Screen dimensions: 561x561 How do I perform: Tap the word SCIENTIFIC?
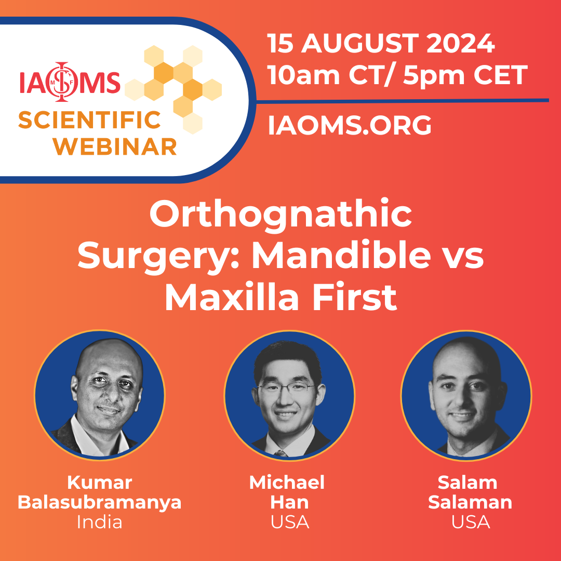click(89, 120)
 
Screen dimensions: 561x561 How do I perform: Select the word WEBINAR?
click(115, 146)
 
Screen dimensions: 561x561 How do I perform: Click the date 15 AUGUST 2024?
click(381, 43)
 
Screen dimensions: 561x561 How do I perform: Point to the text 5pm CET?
click(465, 75)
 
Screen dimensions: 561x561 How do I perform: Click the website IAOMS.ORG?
click(350, 125)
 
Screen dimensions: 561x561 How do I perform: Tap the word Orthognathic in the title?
click(280, 216)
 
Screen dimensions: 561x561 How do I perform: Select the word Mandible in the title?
click(341, 255)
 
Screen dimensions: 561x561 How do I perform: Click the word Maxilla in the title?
click(232, 297)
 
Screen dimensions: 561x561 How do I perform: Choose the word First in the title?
click(355, 297)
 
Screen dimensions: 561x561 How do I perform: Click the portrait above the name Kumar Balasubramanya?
click(99, 395)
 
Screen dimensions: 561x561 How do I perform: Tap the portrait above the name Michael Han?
click(289, 395)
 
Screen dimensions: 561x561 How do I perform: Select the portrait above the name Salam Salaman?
click(466, 395)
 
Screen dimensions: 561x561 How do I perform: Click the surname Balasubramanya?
click(99, 502)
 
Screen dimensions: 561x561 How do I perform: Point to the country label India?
click(99, 523)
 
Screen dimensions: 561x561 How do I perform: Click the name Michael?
click(287, 483)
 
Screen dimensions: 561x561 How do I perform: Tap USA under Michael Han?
click(290, 523)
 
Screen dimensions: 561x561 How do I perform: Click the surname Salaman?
click(470, 502)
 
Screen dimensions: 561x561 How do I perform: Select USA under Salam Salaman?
click(471, 523)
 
